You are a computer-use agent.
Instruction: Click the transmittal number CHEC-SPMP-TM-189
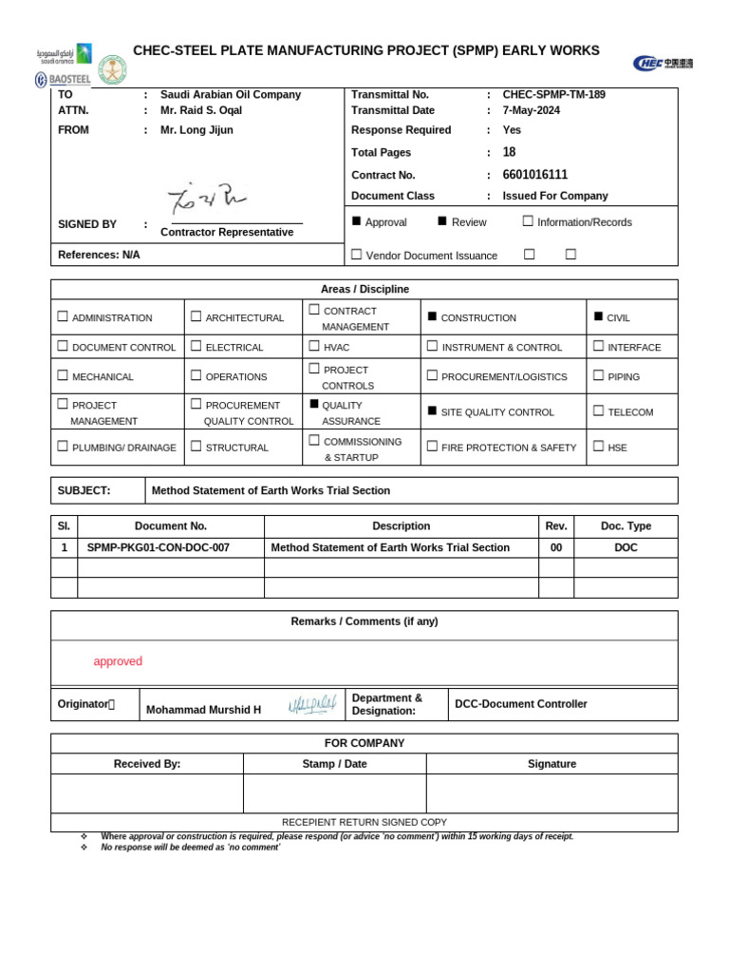click(x=553, y=95)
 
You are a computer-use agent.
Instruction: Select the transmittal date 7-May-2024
click(x=531, y=110)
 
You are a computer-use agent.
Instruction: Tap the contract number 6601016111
click(x=534, y=175)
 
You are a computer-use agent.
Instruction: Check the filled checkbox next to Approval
click(x=357, y=221)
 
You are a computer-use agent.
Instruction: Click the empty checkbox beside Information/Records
click(x=528, y=221)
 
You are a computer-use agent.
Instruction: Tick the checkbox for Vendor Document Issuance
click(x=357, y=255)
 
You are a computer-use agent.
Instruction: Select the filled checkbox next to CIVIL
click(x=598, y=316)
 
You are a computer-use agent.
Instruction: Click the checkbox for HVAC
click(x=314, y=347)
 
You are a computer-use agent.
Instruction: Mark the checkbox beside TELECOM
click(x=598, y=411)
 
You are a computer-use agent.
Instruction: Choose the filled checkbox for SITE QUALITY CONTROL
click(x=432, y=411)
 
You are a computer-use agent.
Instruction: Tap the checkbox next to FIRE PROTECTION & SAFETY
click(x=432, y=447)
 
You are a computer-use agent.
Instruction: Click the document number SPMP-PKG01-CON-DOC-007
click(x=158, y=548)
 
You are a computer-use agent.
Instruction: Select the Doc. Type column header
click(x=626, y=526)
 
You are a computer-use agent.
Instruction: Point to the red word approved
click(x=118, y=661)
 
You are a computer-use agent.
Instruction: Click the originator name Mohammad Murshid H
click(x=203, y=710)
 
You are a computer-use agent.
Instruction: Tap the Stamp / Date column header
click(x=334, y=764)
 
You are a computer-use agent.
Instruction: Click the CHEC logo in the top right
click(x=663, y=63)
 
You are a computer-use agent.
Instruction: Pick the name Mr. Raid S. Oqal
click(x=201, y=110)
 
